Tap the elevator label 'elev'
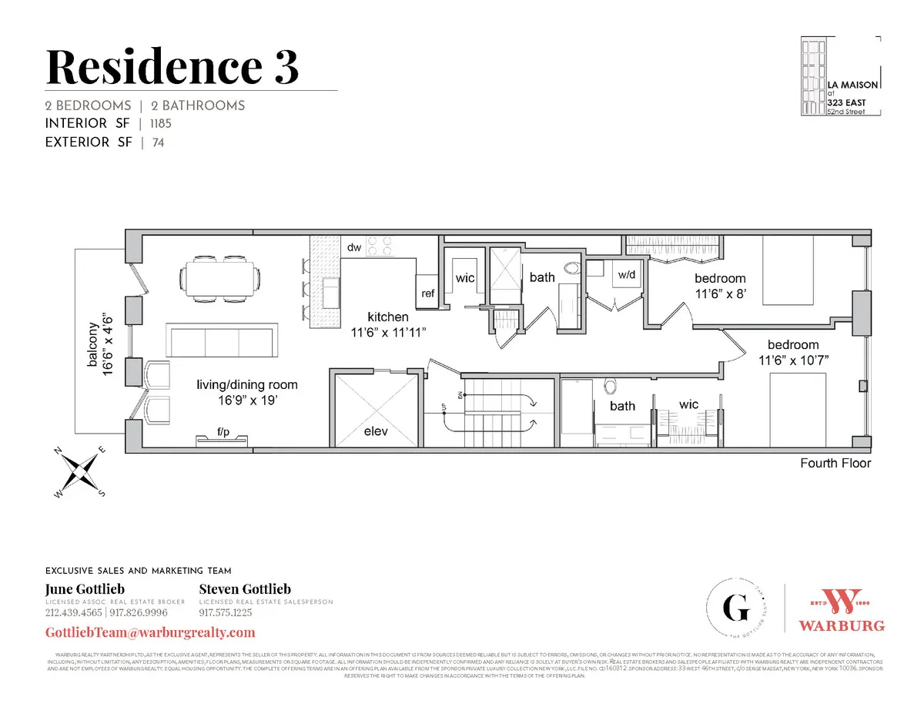coord(377,432)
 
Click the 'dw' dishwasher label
coord(355,247)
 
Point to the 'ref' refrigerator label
coord(427,293)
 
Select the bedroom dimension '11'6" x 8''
coord(720,293)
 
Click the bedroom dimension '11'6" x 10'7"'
coord(792,360)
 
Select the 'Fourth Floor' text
coord(835,463)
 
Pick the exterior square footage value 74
coord(158,142)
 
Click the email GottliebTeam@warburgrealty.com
coord(151,632)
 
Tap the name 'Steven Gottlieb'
coord(245,589)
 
